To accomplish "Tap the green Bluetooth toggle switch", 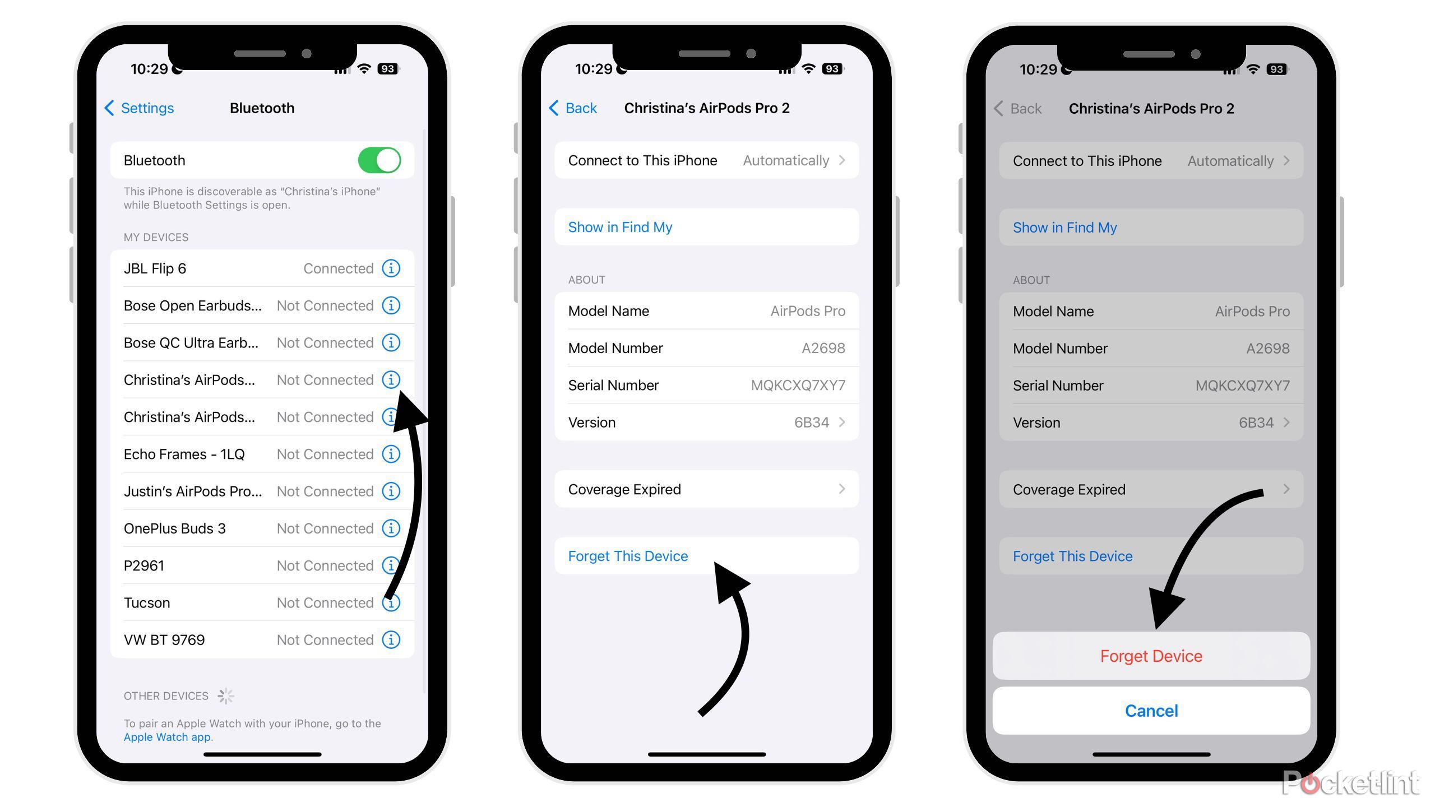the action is pos(379,160).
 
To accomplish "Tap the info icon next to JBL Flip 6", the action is pos(391,268).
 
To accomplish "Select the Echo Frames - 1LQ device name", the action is pos(184,454).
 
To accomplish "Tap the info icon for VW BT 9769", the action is pos(391,639).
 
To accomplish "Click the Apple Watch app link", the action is pos(167,737).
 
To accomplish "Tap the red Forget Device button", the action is pos(1151,656).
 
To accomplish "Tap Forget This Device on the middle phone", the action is pos(628,556).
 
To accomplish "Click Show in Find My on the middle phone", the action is pos(620,227).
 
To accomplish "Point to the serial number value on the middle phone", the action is pos(798,385).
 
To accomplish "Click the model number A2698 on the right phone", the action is pos(1267,349).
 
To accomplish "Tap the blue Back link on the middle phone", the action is pos(573,108).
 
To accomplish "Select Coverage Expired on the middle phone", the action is pos(624,489).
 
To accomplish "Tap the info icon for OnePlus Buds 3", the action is pos(391,528).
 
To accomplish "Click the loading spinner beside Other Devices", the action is pos(226,696).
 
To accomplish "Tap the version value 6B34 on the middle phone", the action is pos(811,423).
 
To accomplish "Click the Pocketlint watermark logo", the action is pos(1350,782).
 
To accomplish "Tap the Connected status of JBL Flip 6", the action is pos(339,268).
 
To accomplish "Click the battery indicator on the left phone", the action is pos(388,69).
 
